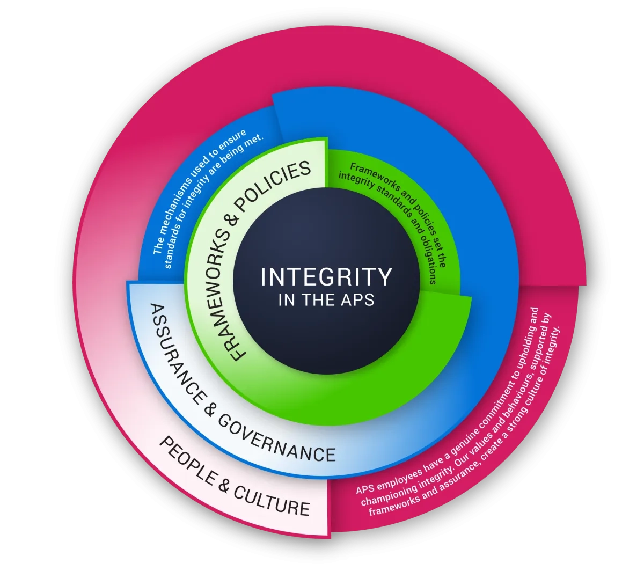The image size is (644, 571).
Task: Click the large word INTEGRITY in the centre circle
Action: (x=326, y=276)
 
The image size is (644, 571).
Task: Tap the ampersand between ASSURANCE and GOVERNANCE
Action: (x=209, y=410)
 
